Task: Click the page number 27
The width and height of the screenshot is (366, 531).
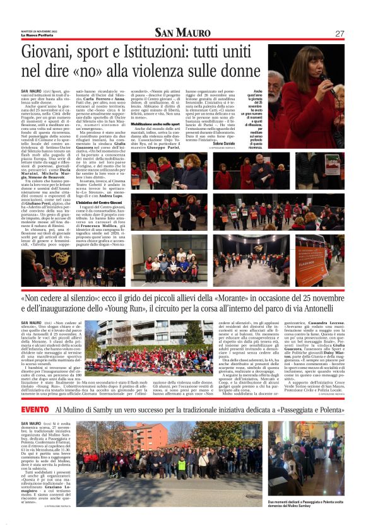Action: pyautogui.click(x=339, y=33)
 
